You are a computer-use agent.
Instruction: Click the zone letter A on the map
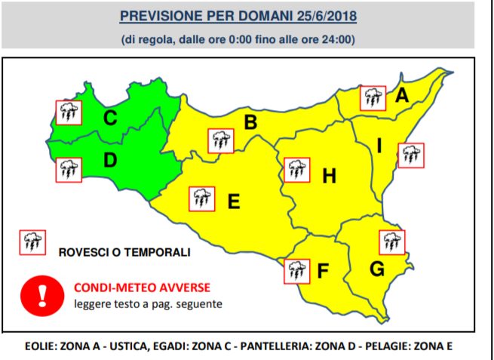tap(402, 95)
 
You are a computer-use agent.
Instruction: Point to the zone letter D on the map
tap(110, 160)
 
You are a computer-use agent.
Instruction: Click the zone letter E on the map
tap(234, 202)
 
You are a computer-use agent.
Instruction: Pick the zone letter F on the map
tap(324, 271)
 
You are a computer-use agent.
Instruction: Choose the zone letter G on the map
tap(377, 269)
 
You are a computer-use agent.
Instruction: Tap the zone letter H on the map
tap(329, 177)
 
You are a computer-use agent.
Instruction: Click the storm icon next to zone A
tap(372, 97)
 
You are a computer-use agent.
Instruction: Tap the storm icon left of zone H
tap(296, 170)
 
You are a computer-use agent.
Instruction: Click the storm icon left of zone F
tap(296, 270)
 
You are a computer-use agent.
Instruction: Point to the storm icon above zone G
tap(391, 242)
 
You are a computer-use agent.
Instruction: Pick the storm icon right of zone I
tap(411, 155)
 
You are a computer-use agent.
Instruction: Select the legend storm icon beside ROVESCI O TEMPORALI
tap(32, 242)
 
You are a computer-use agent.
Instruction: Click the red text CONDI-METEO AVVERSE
tap(142, 288)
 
